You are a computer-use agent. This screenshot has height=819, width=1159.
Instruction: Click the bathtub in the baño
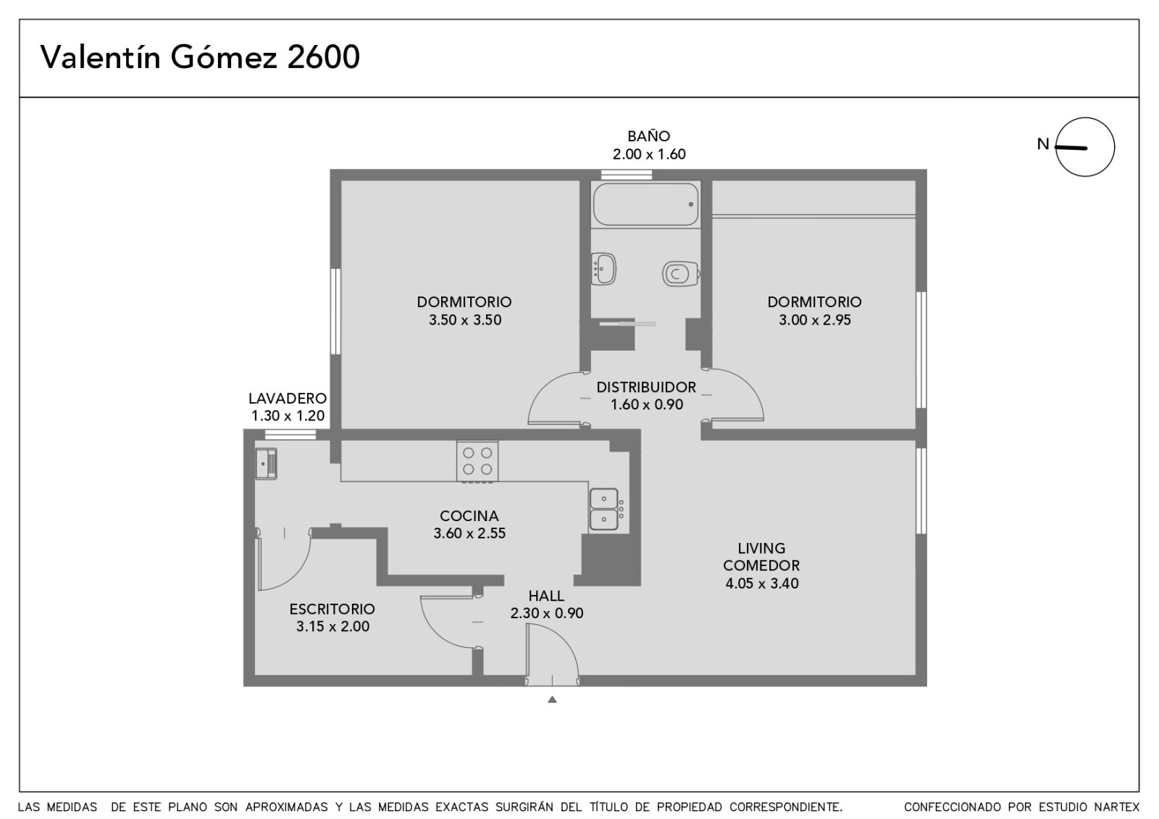(x=645, y=204)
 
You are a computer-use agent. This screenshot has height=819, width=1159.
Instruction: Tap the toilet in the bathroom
(x=681, y=273)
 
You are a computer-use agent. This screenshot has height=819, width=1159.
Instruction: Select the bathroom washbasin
(x=603, y=269)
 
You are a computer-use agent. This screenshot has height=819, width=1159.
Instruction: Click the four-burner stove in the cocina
(x=477, y=461)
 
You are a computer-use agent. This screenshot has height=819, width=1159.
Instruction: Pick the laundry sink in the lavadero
(x=266, y=463)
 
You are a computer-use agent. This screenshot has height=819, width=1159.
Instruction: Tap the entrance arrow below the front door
(x=552, y=699)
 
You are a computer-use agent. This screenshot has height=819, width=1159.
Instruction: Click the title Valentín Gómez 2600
(x=200, y=57)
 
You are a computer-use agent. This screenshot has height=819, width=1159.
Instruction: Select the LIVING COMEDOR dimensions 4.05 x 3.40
(x=761, y=583)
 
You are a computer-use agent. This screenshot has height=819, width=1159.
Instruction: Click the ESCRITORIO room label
(x=332, y=609)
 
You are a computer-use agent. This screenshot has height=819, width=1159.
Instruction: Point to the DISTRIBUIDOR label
(x=646, y=387)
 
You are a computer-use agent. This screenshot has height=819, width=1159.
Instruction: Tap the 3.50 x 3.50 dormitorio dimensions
(x=465, y=320)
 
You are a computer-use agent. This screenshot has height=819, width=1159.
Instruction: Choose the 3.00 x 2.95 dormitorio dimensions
(x=815, y=320)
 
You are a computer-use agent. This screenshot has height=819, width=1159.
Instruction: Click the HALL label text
(x=546, y=596)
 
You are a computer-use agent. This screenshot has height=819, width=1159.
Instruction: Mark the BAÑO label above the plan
(x=649, y=136)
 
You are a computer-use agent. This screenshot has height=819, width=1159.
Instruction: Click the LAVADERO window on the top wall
(x=290, y=434)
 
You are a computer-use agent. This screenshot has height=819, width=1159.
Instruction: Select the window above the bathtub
(x=626, y=175)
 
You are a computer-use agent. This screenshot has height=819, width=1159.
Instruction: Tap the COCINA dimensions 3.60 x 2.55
(x=469, y=533)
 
